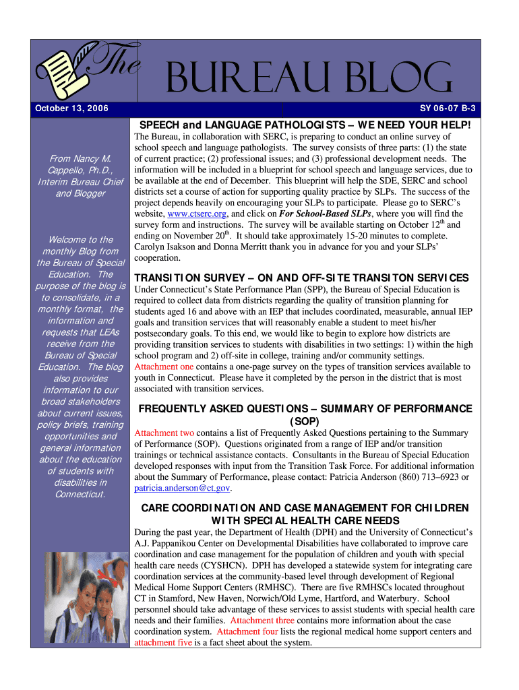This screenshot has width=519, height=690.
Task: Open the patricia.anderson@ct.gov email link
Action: point(183,487)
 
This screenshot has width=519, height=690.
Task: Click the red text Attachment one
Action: point(164,366)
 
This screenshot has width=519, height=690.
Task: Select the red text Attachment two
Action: point(164,432)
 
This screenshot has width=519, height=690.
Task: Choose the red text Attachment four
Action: point(247,631)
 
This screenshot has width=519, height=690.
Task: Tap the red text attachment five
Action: point(163,642)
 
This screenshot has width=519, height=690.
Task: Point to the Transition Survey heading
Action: point(302,278)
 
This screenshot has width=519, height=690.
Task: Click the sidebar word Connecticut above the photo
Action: point(80,494)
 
